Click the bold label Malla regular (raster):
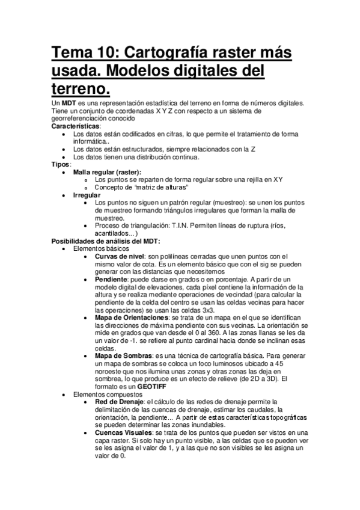pyautogui.click(x=108, y=172)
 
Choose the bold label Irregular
pyautogui.click(x=87, y=195)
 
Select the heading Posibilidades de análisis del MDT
pyautogui.click(x=105, y=241)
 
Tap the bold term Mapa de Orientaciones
pyautogui.click(x=132, y=318)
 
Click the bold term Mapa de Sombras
pyautogui.click(x=123, y=356)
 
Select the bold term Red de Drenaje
pyautogui.click(x=118, y=402)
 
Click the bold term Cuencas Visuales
pyautogui.click(x=123, y=432)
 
